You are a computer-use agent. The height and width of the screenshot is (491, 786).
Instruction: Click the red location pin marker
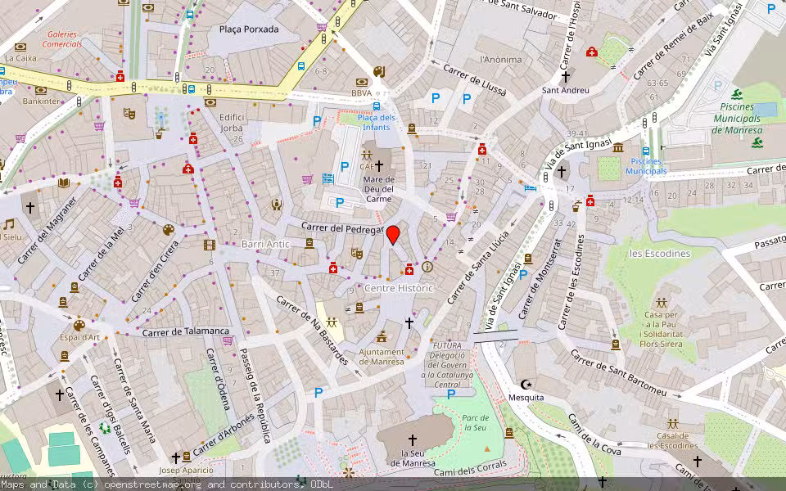click(393, 235)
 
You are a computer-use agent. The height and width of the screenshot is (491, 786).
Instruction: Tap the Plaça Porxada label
click(249, 29)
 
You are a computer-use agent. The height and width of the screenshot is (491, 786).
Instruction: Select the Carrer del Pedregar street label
click(342, 227)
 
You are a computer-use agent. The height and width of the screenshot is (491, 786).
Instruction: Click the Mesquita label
click(526, 398)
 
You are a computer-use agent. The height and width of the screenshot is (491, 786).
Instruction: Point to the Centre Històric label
click(398, 289)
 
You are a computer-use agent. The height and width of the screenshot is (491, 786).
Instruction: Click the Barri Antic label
click(265, 244)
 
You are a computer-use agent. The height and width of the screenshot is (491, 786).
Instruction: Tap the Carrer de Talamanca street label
click(185, 331)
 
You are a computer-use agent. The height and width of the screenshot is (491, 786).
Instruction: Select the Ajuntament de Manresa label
click(382, 357)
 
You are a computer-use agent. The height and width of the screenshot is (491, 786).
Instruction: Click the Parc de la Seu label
click(475, 422)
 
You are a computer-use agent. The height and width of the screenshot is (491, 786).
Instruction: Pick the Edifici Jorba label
click(233, 123)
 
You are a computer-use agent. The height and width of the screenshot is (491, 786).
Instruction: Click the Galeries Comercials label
click(64, 38)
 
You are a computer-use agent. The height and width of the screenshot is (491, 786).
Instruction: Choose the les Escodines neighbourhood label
click(659, 254)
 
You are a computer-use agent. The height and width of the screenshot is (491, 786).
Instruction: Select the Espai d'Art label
click(79, 337)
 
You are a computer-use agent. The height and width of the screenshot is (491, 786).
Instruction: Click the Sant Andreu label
click(565, 90)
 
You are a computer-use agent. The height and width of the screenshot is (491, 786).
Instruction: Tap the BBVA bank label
click(361, 93)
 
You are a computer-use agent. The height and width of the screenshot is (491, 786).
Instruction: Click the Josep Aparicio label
click(186, 470)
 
